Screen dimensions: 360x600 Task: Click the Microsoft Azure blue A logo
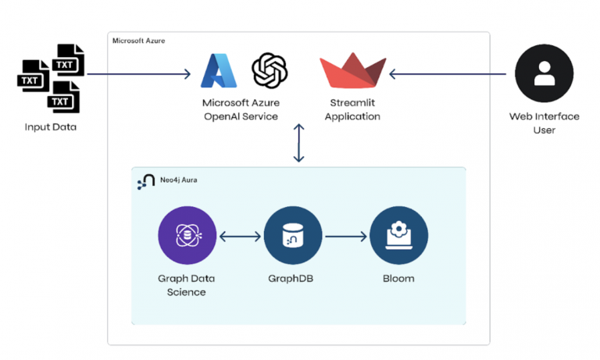219,72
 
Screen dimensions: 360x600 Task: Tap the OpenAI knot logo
270,71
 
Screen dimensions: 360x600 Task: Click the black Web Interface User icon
544,73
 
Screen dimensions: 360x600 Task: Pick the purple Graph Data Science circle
187,235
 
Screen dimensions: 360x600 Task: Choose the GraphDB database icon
293,235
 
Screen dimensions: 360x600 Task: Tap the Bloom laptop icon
398,235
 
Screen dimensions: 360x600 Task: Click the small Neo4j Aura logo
145,182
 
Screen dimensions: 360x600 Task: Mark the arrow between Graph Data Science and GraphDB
241,235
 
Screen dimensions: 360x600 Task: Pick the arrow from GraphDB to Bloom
346,235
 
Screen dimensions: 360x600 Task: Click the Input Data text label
51,127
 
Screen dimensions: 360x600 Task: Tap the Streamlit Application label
353,110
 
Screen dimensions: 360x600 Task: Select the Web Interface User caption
544,123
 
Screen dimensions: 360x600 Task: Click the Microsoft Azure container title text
138,40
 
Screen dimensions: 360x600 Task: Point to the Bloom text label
398,278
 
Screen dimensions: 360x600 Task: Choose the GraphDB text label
293,278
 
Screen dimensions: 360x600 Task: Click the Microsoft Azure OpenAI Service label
241,110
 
